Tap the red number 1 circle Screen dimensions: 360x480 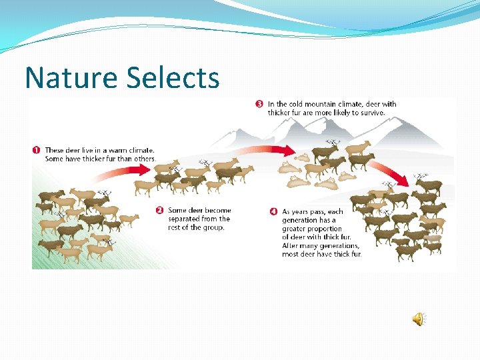click(x=37, y=150)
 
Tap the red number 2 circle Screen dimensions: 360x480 click(x=160, y=211)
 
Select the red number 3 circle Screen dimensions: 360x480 click(x=259, y=103)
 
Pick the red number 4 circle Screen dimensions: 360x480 click(x=273, y=211)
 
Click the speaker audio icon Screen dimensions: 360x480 click(x=418, y=320)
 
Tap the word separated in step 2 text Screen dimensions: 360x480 click(x=189, y=219)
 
